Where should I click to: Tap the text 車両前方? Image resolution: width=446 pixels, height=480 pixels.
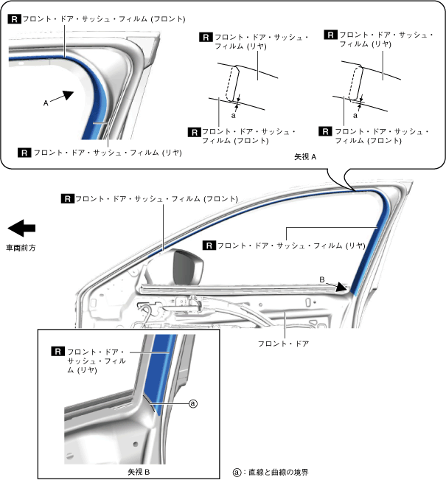coord(21,248)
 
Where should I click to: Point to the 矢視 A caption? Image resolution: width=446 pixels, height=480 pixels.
coord(304,157)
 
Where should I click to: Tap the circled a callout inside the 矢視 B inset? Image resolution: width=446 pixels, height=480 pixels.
coord(193,403)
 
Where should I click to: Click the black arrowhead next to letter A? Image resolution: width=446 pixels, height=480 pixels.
coord(66,95)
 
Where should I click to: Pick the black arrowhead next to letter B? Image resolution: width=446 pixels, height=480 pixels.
coord(341,287)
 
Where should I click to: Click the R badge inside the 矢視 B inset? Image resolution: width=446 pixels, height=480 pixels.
coord(56,352)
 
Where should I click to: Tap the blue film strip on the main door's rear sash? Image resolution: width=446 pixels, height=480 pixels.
coord(365,258)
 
